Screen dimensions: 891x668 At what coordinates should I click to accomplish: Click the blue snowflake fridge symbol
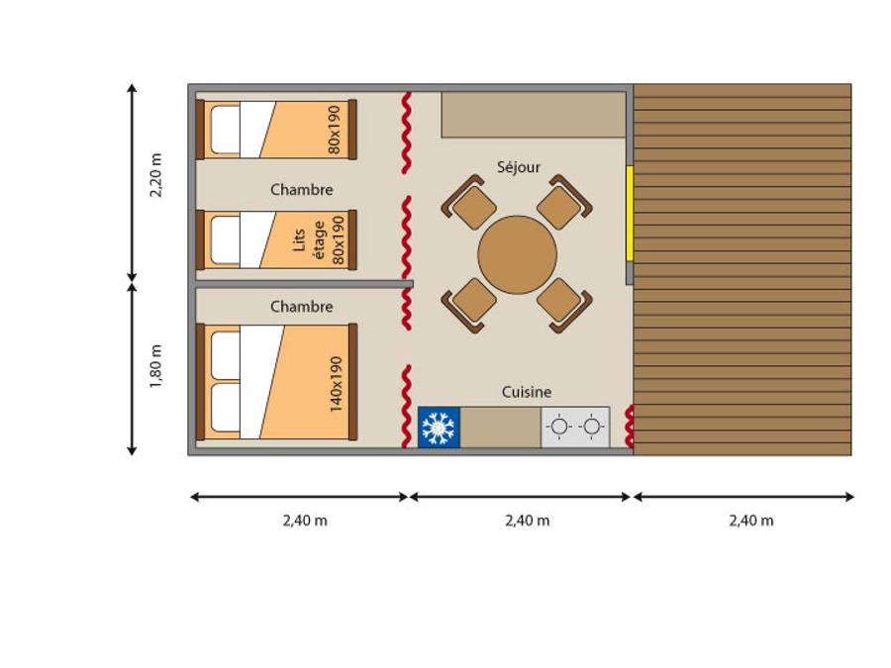pyautogui.click(x=439, y=428)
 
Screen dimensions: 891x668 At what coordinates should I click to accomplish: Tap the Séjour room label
pyautogui.click(x=518, y=167)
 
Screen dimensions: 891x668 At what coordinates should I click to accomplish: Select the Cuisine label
pyautogui.click(x=527, y=392)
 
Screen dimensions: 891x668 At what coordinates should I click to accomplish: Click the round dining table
pyautogui.click(x=517, y=254)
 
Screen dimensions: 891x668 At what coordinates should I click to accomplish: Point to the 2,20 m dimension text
pyautogui.click(x=155, y=175)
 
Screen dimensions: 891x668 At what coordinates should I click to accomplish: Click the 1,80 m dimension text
pyautogui.click(x=155, y=366)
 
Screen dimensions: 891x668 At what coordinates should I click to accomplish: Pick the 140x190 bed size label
pyautogui.click(x=336, y=384)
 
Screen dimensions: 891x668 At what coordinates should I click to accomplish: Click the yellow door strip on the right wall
pyautogui.click(x=630, y=214)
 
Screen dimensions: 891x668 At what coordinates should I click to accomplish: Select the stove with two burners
pyautogui.click(x=575, y=428)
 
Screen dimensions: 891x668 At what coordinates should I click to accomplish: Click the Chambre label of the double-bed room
pyautogui.click(x=301, y=307)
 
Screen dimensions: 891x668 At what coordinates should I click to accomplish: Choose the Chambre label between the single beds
pyautogui.click(x=301, y=190)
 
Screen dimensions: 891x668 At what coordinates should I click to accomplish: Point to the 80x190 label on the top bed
pyautogui.click(x=335, y=130)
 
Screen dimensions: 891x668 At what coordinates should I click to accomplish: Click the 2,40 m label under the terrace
pyautogui.click(x=751, y=521)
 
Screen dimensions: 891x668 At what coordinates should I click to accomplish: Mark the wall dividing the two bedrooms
pyautogui.click(x=304, y=283)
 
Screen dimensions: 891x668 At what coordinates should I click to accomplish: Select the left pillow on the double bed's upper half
pyautogui.click(x=226, y=354)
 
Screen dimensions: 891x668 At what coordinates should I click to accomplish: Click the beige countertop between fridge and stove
pyautogui.click(x=501, y=428)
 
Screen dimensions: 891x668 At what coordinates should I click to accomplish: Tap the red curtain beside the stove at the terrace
pyautogui.click(x=630, y=427)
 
